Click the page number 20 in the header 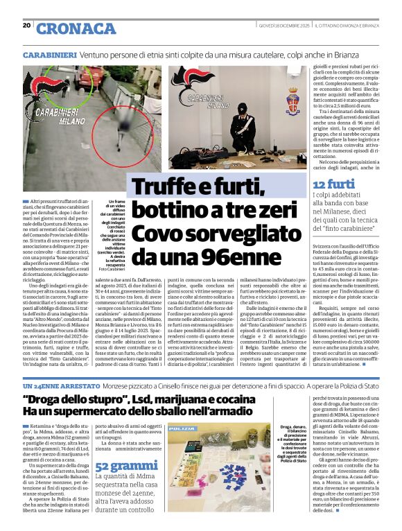[x=26, y=25]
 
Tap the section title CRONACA [x=67, y=28]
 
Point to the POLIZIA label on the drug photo [x=186, y=430]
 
